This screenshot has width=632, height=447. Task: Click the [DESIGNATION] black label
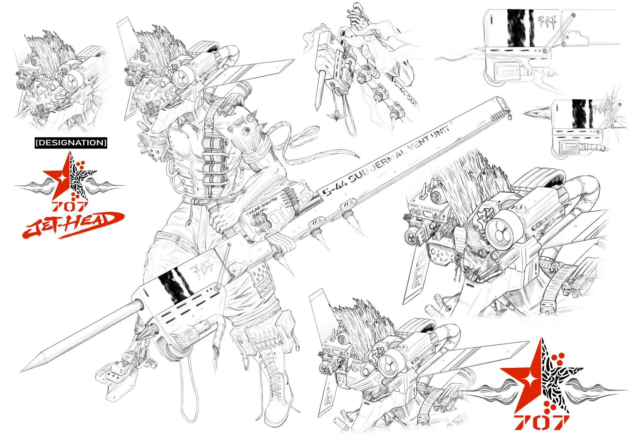tap(71, 143)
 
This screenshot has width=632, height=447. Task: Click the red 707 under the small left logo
tap(69, 206)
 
